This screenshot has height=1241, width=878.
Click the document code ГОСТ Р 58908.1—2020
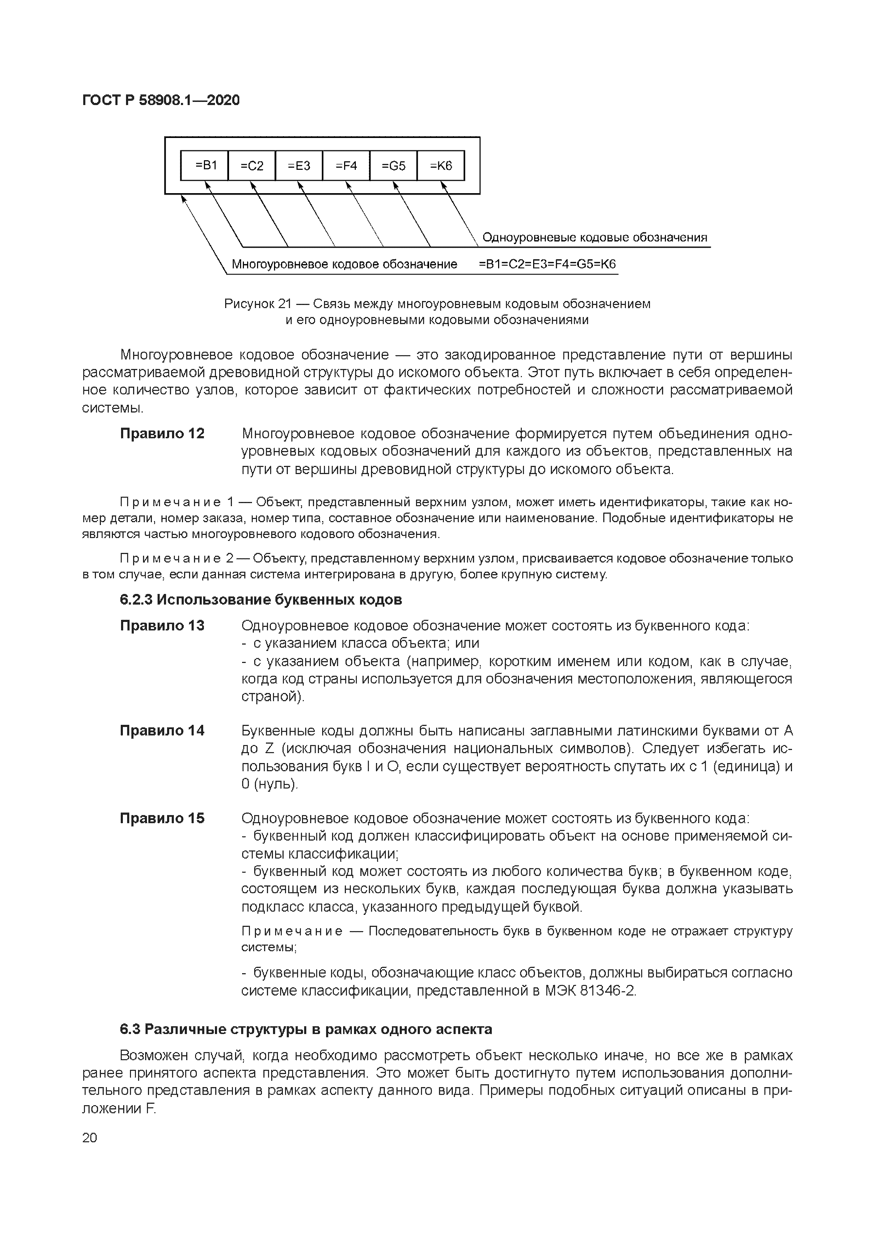[161, 100]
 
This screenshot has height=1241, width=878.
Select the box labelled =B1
[205, 166]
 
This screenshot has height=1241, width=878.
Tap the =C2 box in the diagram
[252, 166]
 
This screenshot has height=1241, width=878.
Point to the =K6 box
[440, 166]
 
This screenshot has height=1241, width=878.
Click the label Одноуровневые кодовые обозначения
[594, 238]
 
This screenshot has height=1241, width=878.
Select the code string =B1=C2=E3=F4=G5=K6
[547, 264]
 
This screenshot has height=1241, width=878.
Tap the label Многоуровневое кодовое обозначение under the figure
[344, 264]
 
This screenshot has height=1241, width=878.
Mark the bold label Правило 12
[162, 433]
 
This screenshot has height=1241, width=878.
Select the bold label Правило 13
[162, 625]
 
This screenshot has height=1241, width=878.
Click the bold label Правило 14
[162, 731]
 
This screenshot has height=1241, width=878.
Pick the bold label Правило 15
[162, 818]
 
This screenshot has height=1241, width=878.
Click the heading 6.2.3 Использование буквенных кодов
[261, 600]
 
